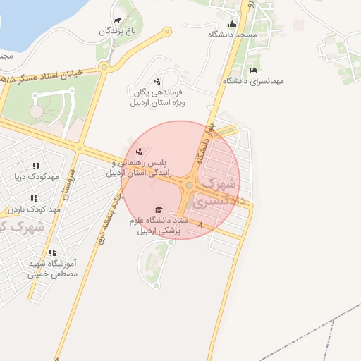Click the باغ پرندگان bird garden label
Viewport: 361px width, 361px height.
pos(116,32)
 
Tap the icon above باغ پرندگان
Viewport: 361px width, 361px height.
pos(116,20)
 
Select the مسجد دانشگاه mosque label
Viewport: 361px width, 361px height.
pos(233,35)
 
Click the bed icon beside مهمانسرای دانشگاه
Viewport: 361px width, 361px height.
pos(253,70)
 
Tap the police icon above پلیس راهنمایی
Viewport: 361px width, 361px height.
pos(140,151)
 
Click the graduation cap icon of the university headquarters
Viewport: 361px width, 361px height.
pos(159,210)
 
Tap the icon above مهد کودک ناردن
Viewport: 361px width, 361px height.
pos(33,199)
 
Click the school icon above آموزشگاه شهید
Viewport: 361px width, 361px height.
pos(51,252)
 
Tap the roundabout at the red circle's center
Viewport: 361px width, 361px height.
pos(189,185)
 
